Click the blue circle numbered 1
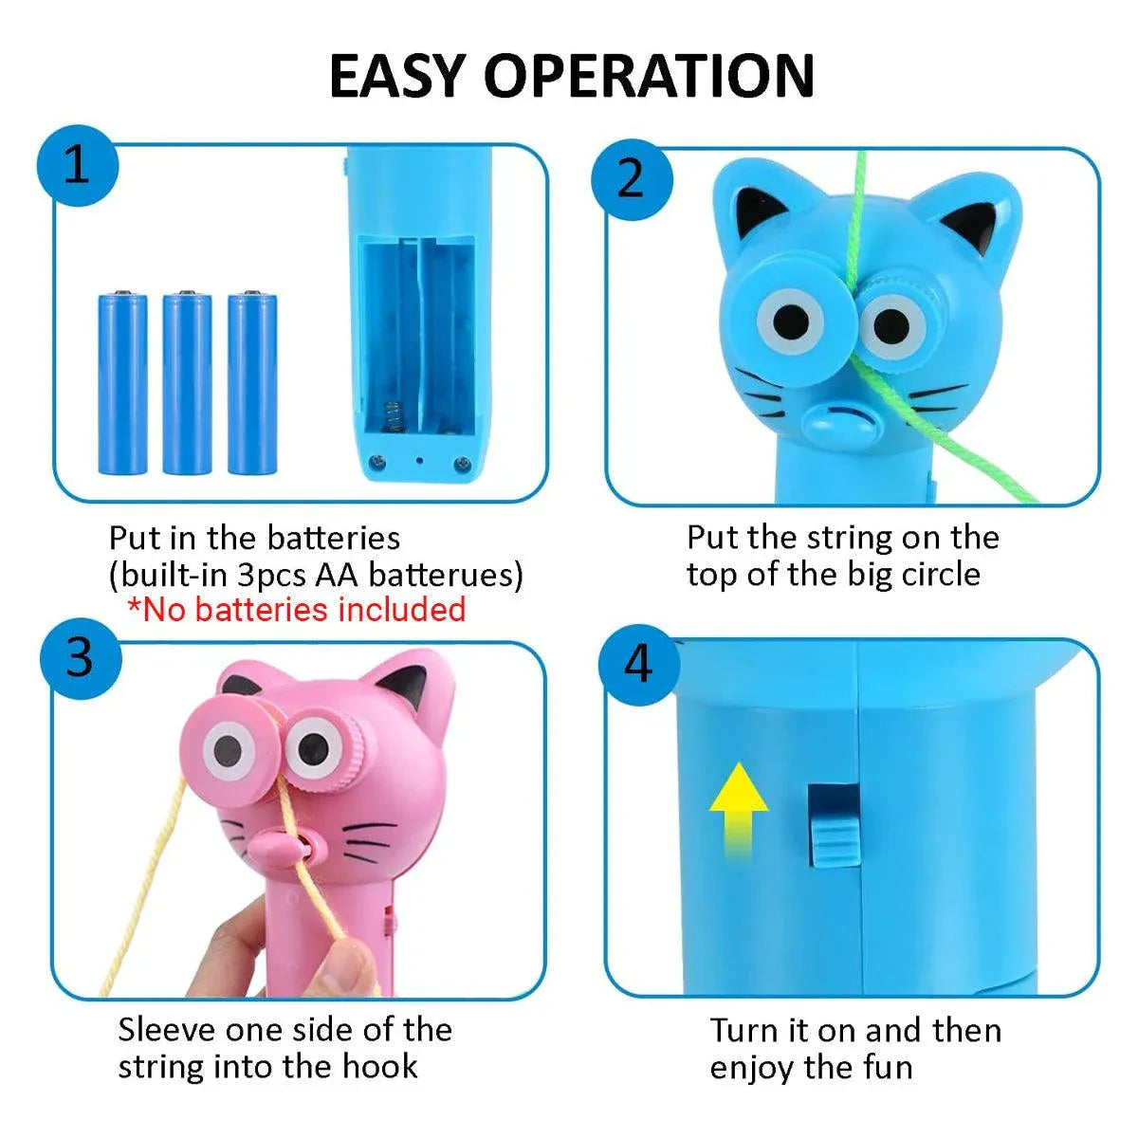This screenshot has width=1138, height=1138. click(x=78, y=165)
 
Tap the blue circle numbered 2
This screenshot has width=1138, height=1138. click(x=632, y=180)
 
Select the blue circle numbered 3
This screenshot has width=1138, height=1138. click(x=81, y=658)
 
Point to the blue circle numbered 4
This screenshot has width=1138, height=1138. click(x=639, y=665)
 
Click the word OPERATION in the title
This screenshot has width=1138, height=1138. click(x=650, y=76)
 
